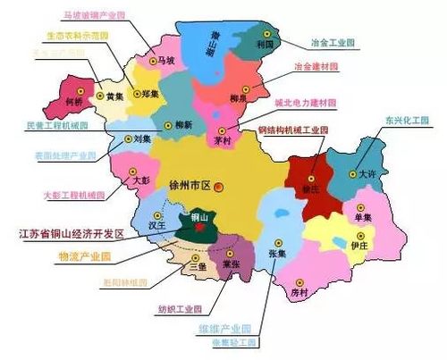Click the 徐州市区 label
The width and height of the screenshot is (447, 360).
[x=188, y=186]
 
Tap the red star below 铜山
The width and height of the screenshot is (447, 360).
[x=200, y=227]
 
